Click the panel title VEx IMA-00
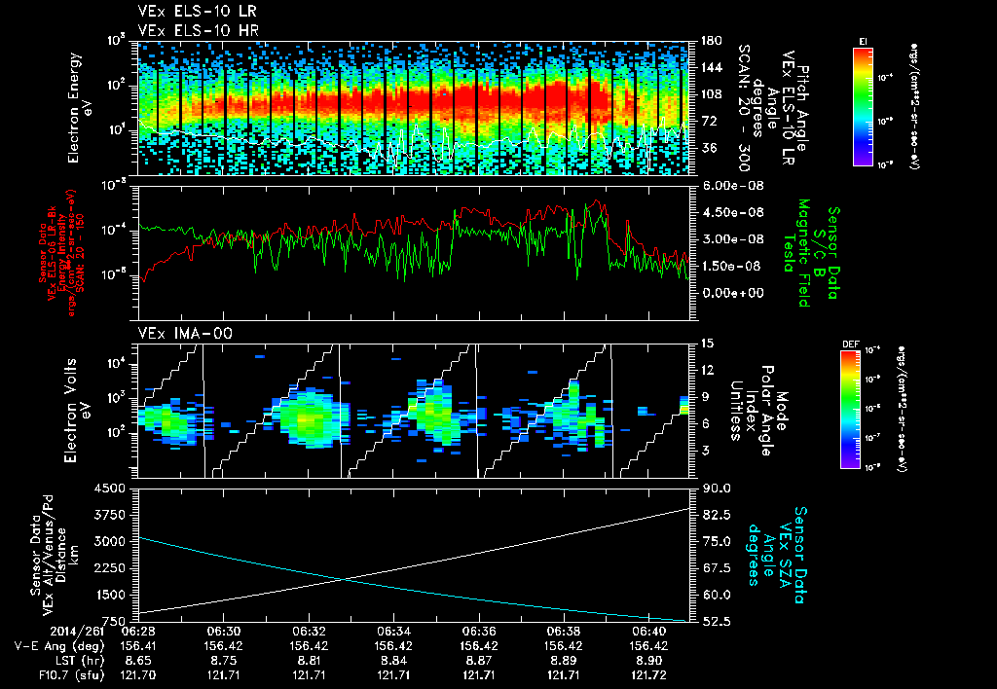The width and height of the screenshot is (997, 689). [x=175, y=333]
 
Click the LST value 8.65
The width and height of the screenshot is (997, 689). [x=141, y=658]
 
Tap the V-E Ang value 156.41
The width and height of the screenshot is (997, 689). [x=141, y=644]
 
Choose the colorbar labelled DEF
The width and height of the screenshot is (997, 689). [x=863, y=409]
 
